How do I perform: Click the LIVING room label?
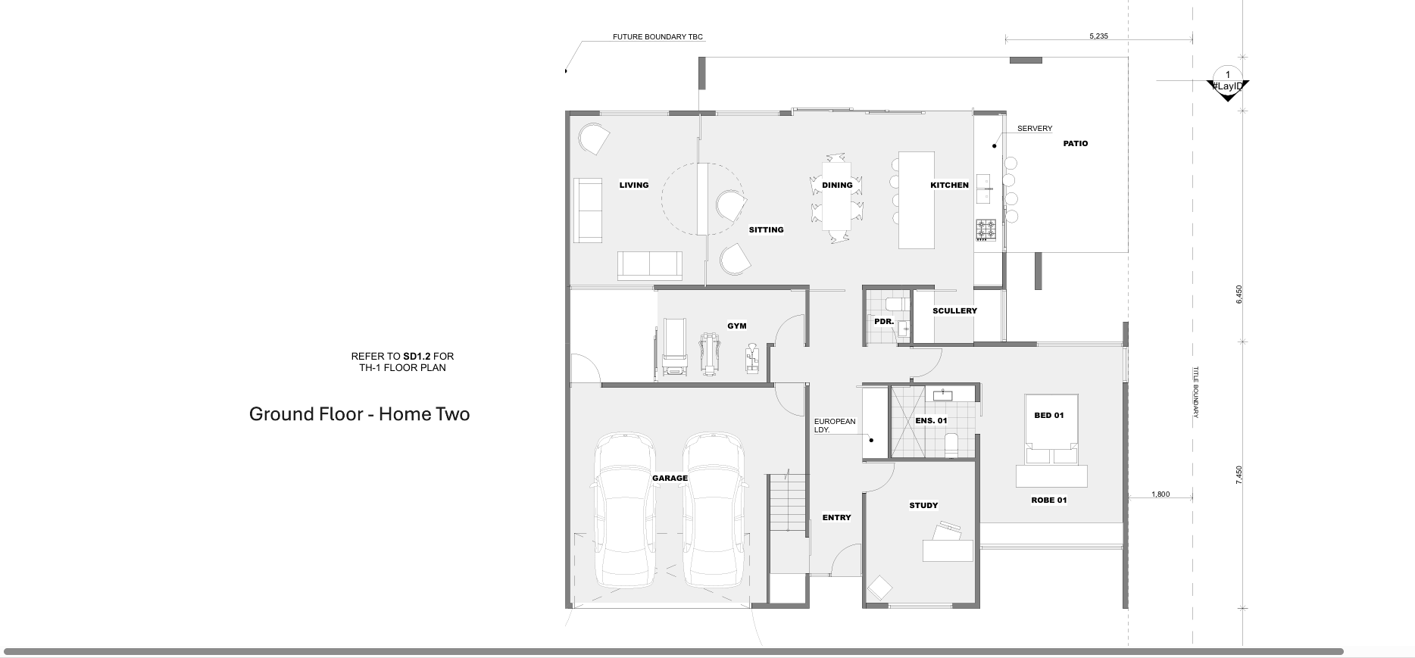click(634, 185)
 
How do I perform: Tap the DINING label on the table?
click(837, 185)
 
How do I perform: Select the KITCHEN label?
click(950, 185)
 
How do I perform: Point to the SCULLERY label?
click(955, 310)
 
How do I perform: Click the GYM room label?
click(737, 326)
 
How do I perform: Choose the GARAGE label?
click(670, 478)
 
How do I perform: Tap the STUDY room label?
click(923, 505)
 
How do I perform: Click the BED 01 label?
click(1049, 415)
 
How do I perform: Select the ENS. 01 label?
click(931, 420)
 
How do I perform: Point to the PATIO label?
click(1076, 143)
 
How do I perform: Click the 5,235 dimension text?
click(1098, 36)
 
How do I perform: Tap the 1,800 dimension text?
click(1160, 494)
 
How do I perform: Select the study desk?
click(948, 545)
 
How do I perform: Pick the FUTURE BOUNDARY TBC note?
click(652, 36)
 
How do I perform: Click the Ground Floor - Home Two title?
click(359, 414)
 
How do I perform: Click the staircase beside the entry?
click(788, 503)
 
